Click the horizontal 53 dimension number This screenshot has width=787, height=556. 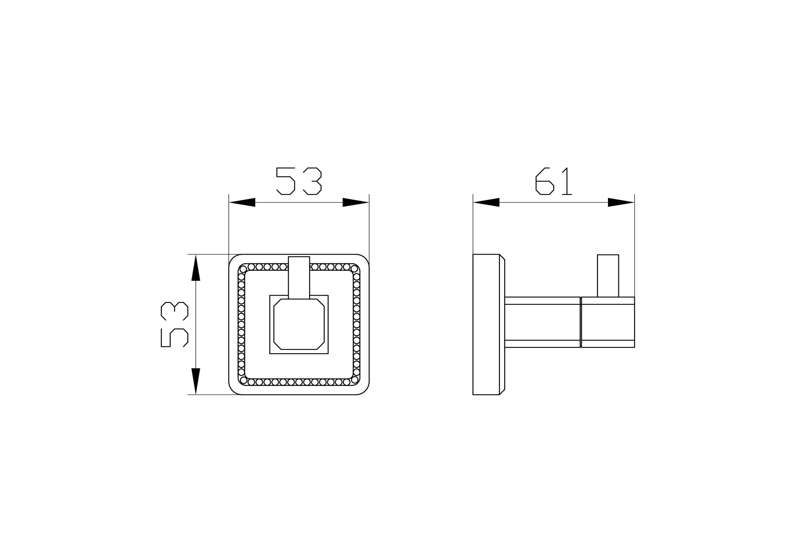(299, 181)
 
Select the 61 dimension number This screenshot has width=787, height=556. (553, 181)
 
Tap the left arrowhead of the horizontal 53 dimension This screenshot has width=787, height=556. (242, 202)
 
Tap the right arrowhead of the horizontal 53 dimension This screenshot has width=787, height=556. (356, 202)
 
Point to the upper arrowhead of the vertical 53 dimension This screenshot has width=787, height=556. (196, 268)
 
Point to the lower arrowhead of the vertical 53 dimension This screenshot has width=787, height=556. (196, 381)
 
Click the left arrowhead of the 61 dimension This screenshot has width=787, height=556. (486, 202)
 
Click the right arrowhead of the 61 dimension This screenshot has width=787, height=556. (621, 202)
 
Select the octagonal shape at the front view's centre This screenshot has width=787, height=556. (299, 324)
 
